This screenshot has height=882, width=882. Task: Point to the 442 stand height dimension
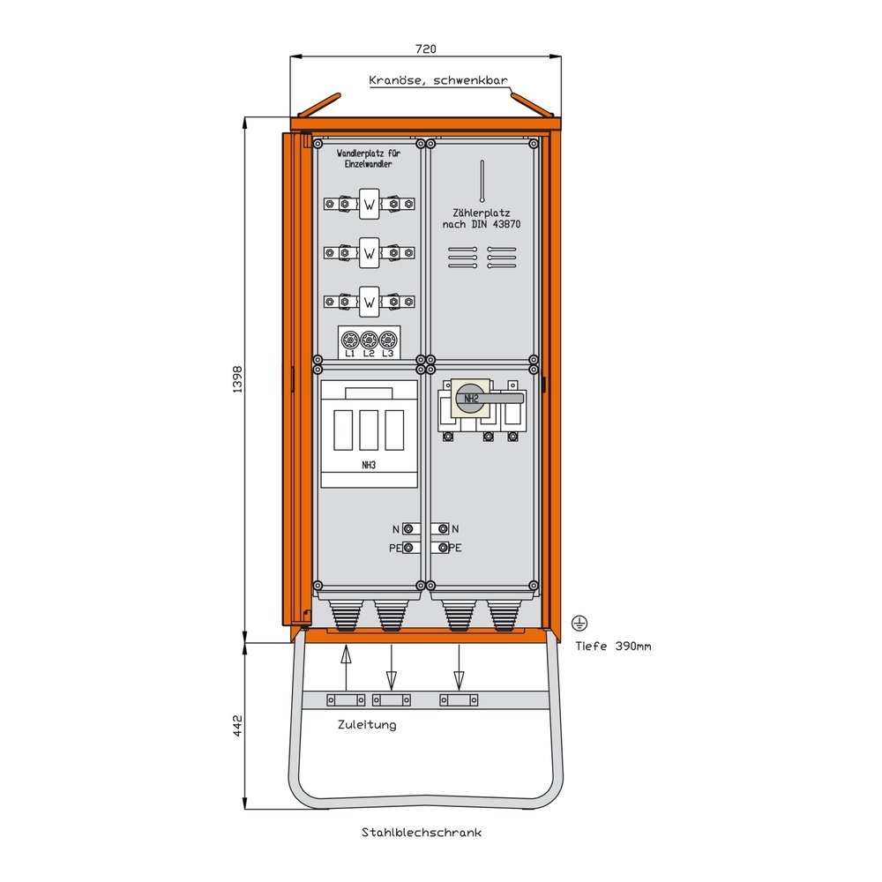coord(236,725)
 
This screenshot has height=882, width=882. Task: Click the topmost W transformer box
coord(369,206)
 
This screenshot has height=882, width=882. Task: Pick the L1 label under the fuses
coord(350,354)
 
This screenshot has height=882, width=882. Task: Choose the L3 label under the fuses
coord(387,354)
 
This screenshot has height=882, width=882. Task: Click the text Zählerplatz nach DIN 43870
coord(482,219)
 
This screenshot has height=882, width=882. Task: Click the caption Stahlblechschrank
coord(421,832)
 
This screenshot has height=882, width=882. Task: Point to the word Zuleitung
coord(367,725)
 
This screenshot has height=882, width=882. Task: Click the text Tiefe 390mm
coord(613,647)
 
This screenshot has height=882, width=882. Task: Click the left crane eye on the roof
coord(318,105)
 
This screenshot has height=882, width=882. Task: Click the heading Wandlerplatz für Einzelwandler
coord(369,158)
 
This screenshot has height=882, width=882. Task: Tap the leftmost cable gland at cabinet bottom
coord(342,613)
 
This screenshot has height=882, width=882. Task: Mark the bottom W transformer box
coord(369,303)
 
